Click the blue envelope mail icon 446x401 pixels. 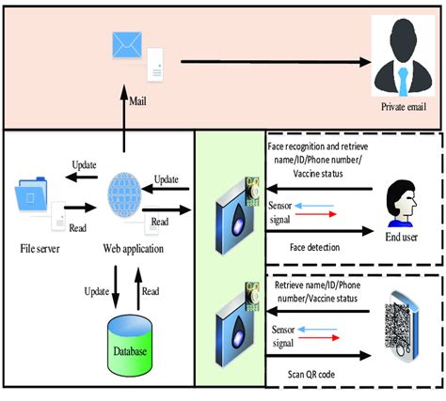125,45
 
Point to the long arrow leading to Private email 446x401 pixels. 272,63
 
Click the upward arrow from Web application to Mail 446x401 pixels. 123,120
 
